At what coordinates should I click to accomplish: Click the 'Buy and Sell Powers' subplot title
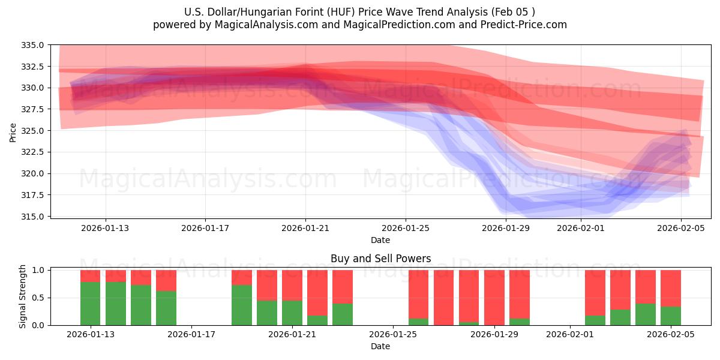pos(380,259)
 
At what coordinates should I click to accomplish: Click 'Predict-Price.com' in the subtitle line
pos(521,25)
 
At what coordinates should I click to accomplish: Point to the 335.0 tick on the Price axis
pos(34,45)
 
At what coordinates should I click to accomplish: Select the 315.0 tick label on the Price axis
pos(34,217)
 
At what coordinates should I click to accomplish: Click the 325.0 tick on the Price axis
pos(34,131)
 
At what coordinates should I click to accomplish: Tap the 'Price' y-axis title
pos(13,132)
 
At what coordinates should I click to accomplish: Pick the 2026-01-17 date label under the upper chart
pos(205,228)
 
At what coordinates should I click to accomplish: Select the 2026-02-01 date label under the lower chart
pos(569,335)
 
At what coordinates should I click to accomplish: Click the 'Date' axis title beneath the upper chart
pos(380,240)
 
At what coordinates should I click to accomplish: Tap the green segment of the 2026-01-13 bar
pos(90,304)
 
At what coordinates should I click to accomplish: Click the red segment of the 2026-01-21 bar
pos(292,285)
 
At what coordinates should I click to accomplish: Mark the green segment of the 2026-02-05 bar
pos(671,316)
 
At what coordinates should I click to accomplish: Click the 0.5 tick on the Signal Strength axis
pos(37,298)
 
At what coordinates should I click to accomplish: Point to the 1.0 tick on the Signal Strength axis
pos(37,271)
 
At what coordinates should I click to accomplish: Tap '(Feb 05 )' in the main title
pos(514,12)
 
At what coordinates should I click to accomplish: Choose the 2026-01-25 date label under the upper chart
pos(406,228)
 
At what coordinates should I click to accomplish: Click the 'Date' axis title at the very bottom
pos(380,346)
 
